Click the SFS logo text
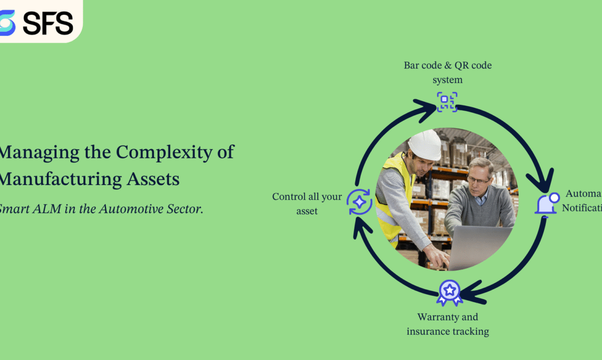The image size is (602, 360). click(48, 23)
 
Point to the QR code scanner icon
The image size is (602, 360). click(447, 102)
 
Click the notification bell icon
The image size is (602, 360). click(546, 203)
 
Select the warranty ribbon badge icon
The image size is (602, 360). click(449, 293)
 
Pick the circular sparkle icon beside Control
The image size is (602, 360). click(359, 202)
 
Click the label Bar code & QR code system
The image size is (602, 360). click(447, 73)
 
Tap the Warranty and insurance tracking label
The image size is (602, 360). click(448, 324)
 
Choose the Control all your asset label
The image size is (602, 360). click(307, 204)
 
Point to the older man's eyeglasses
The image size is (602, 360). click(479, 180)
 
